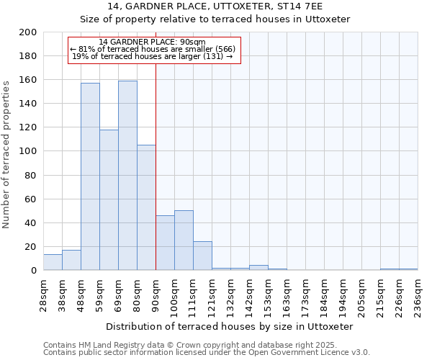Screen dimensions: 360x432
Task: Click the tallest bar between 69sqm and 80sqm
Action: (x=127, y=175)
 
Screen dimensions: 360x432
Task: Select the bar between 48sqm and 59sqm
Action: (x=90, y=176)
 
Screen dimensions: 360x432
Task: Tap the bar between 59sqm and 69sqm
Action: (x=109, y=199)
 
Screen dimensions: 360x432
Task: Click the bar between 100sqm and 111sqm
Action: (x=184, y=240)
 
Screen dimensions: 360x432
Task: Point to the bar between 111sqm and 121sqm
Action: (x=202, y=256)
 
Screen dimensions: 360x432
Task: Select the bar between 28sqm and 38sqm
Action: (x=53, y=262)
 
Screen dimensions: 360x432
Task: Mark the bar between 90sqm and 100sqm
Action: (x=165, y=243)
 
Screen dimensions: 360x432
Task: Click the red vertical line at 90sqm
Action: (x=156, y=180)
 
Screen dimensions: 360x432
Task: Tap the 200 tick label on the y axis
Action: (x=28, y=32)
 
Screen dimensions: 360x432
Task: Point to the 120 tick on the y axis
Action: (x=28, y=127)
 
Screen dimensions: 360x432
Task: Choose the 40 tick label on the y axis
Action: (x=31, y=223)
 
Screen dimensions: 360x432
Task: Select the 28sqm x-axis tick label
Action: (x=43, y=292)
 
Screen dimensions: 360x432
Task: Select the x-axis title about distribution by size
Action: (x=230, y=326)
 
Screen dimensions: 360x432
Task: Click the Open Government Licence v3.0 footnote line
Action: (x=206, y=353)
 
